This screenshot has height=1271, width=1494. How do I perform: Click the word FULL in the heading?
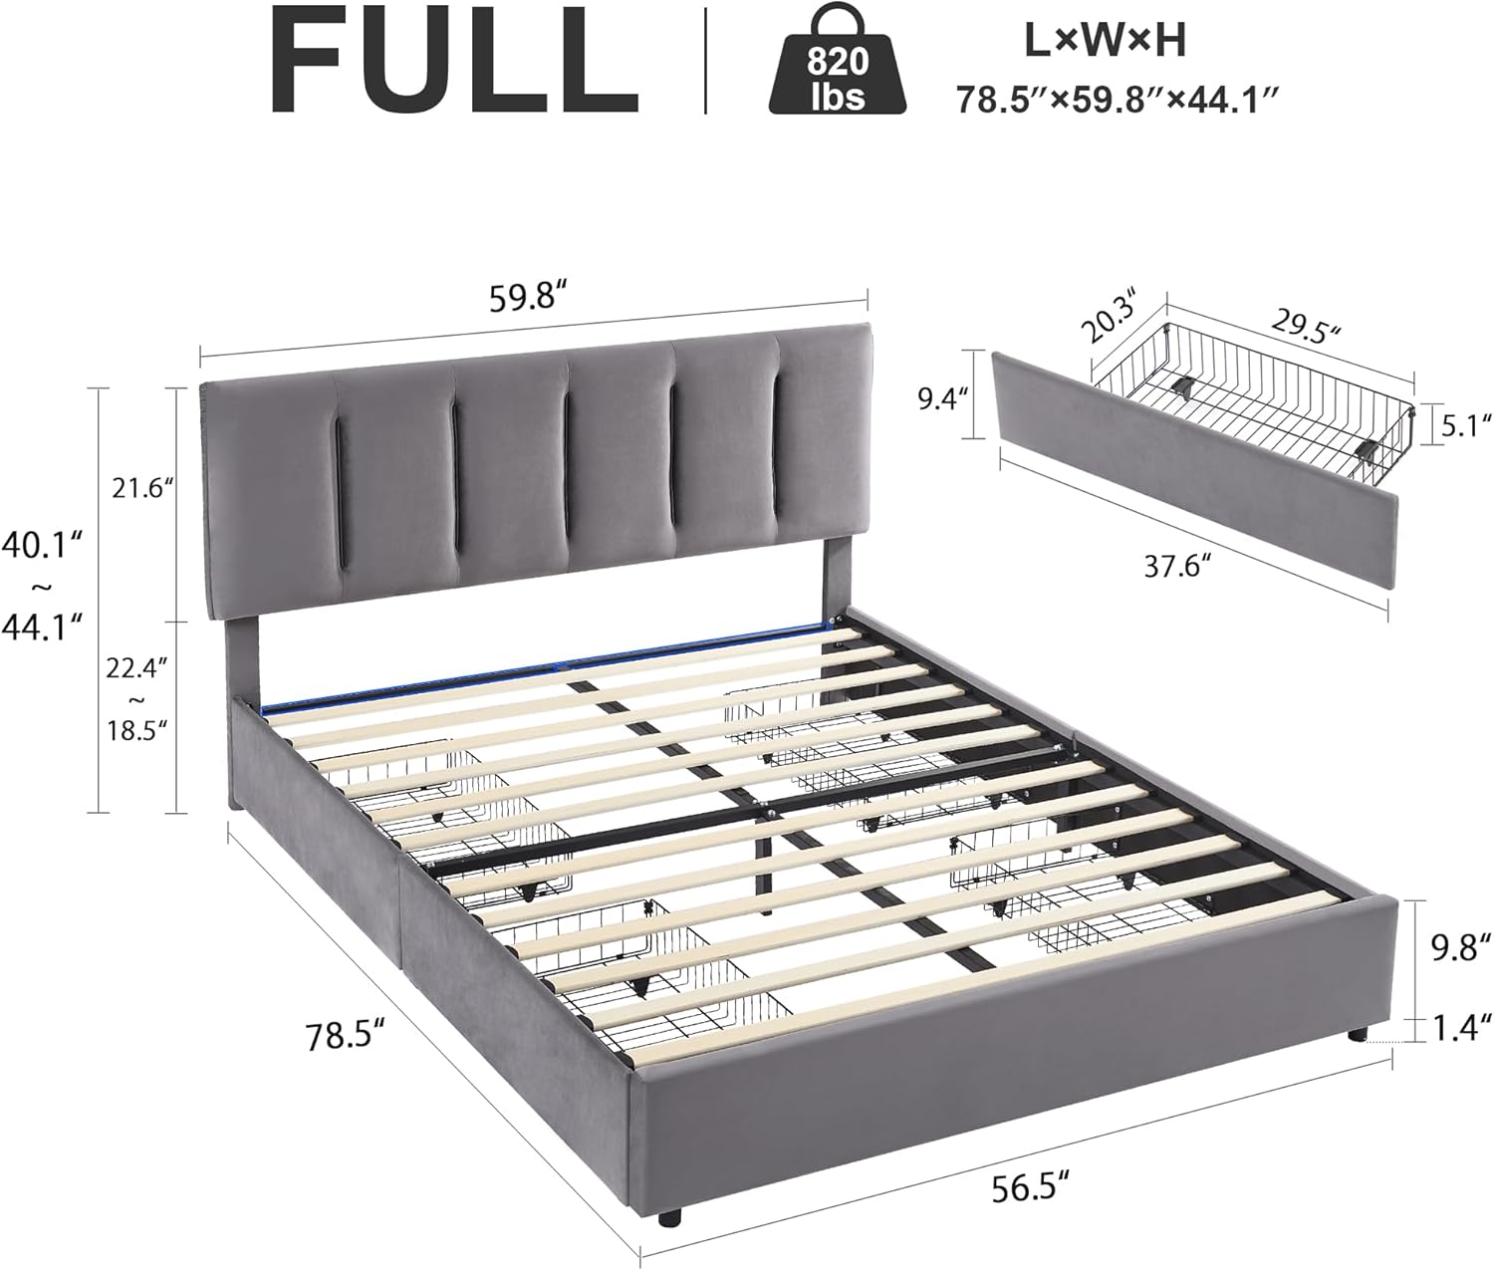coord(454,62)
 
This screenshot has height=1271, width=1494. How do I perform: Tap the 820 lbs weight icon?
coord(838,65)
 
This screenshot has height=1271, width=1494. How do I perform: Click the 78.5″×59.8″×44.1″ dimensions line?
coord(1117,101)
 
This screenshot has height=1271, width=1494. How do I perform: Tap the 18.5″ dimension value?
coord(137,729)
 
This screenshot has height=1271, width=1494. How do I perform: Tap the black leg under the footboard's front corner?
coord(674,1216)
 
